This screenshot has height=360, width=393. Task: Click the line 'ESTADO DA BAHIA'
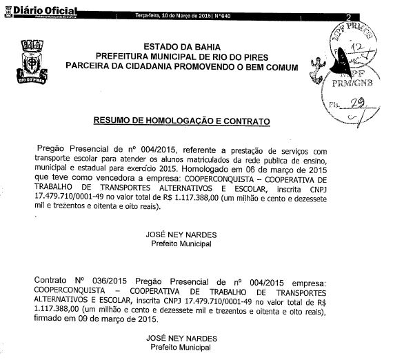click(181, 46)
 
